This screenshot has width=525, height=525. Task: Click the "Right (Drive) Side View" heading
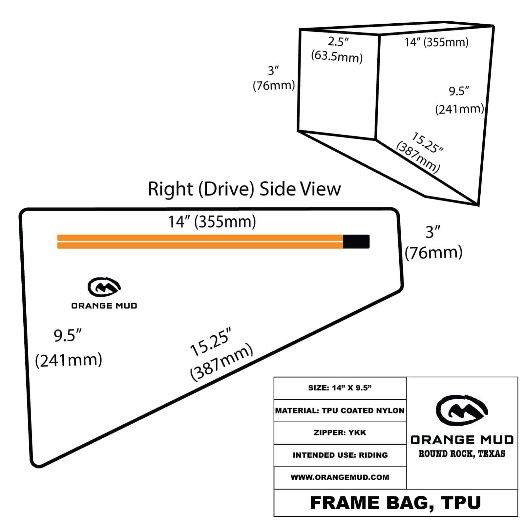coord(244,189)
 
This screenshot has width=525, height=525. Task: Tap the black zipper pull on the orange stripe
coord(356,241)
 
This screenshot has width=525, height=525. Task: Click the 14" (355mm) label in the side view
coord(212,222)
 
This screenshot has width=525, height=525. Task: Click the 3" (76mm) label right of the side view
coord(433,243)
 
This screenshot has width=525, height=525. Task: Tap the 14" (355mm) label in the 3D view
coord(436,42)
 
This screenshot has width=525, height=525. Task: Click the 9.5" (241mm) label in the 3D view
coord(459,100)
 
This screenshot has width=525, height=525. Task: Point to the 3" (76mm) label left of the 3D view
coord(274,78)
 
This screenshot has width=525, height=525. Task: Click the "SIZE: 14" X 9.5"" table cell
coord(340,388)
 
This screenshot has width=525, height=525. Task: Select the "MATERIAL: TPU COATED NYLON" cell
coord(340,410)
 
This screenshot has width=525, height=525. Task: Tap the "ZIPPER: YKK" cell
coord(340,433)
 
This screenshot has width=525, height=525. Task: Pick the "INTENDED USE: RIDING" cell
coord(340,455)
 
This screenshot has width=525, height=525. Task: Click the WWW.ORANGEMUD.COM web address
coord(340,477)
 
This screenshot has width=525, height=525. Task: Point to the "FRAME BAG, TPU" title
coord(395,503)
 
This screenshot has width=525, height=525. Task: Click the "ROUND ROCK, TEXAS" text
coord(462,454)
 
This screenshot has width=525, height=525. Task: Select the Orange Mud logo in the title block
coord(462,411)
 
